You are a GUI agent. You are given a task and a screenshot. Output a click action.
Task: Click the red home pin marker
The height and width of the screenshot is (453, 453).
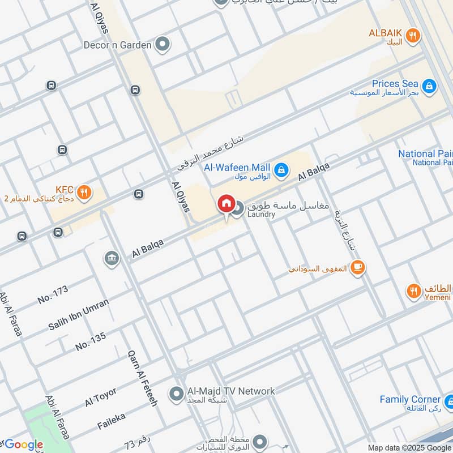pyautogui.click(x=225, y=204)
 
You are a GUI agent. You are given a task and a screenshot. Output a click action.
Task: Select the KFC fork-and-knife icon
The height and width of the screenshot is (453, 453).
pyautogui.click(x=84, y=192)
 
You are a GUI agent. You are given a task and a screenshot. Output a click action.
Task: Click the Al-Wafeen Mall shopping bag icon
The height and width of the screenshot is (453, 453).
pyautogui.click(x=280, y=169)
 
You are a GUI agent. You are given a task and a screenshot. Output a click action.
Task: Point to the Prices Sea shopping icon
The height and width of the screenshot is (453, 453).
pyautogui.click(x=429, y=86)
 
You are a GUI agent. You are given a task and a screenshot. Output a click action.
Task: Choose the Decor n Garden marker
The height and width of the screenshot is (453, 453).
pyautogui.click(x=163, y=44)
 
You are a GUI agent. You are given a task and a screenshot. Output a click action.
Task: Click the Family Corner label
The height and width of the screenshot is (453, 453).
pyautogui.click(x=410, y=400)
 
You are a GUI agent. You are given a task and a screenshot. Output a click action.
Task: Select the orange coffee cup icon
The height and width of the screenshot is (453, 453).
pyautogui.click(x=357, y=267)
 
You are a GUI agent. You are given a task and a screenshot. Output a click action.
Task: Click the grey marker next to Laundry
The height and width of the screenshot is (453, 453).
pyautogui.click(x=238, y=208)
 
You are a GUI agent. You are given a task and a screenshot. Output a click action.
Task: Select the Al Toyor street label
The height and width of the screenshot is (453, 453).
pyautogui.click(x=101, y=397)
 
